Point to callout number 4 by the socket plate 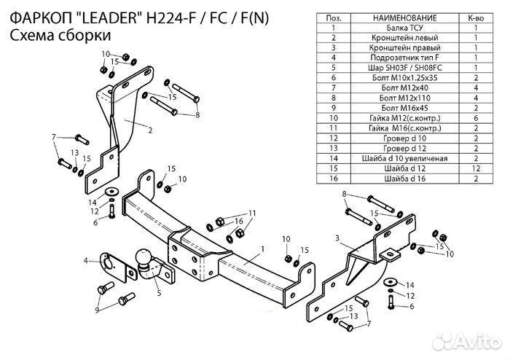click(x=85, y=260)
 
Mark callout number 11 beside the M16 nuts click(x=252, y=212)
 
